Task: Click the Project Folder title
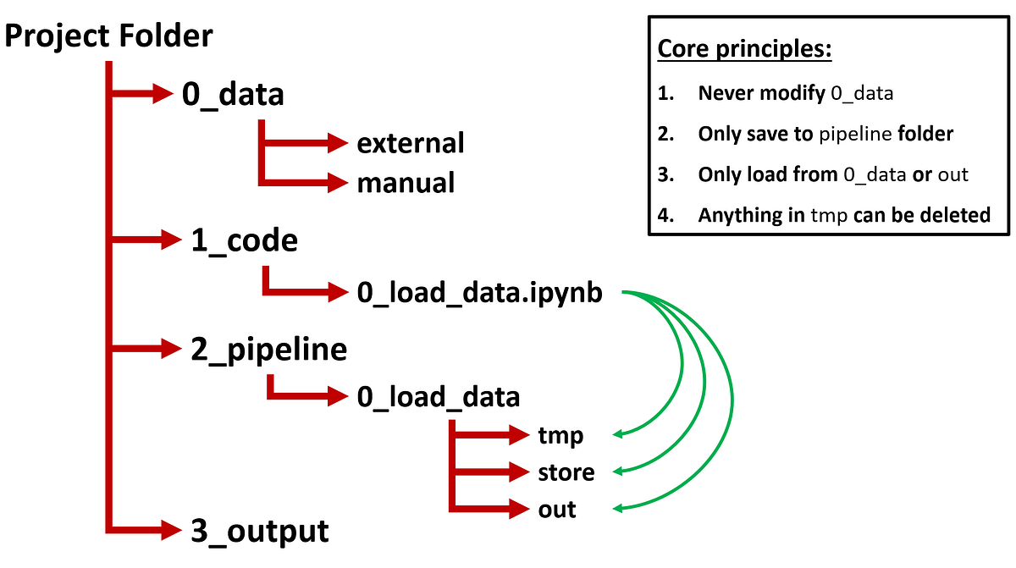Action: click(x=109, y=36)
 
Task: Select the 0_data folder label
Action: click(x=233, y=94)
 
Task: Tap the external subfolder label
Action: click(x=411, y=143)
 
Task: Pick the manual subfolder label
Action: click(x=406, y=182)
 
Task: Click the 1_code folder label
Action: click(x=244, y=241)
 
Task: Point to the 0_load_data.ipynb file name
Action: click(x=480, y=294)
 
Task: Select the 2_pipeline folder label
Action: click(x=268, y=349)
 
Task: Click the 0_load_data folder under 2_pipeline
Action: click(x=439, y=396)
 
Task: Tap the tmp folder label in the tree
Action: click(x=560, y=435)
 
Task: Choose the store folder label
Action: click(x=566, y=471)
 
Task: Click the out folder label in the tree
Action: click(x=557, y=510)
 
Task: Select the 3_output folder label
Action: click(x=259, y=532)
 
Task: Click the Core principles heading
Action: click(x=745, y=49)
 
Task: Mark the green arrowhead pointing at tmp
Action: click(x=617, y=434)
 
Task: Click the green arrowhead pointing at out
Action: click(x=617, y=509)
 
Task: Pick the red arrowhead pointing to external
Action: click(x=339, y=142)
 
